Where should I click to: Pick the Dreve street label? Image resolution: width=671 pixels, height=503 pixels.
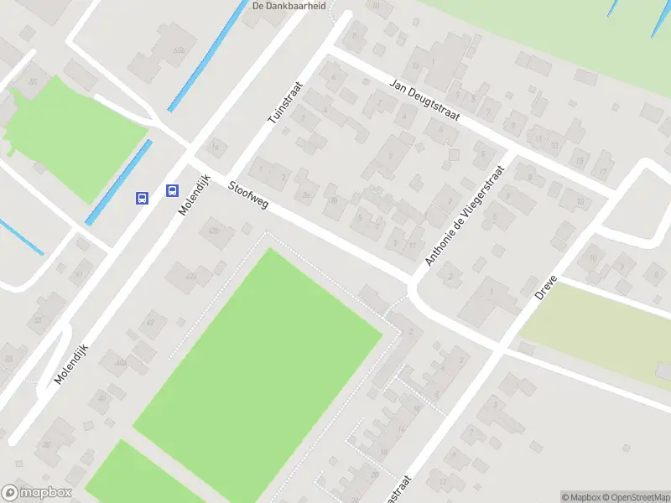(547, 287)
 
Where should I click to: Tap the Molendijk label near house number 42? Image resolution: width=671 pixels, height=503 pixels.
(71, 355)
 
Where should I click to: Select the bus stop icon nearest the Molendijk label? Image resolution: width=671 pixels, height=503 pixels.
(172, 191)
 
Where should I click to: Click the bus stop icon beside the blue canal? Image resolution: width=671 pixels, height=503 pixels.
(143, 199)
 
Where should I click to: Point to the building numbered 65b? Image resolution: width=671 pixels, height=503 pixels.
(179, 50)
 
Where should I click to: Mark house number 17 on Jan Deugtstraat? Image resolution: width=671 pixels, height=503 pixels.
(603, 173)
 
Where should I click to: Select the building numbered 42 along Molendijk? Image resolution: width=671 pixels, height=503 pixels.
(151, 323)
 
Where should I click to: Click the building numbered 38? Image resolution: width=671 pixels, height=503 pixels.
(47, 445)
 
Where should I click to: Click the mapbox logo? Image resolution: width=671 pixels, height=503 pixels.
(37, 493)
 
